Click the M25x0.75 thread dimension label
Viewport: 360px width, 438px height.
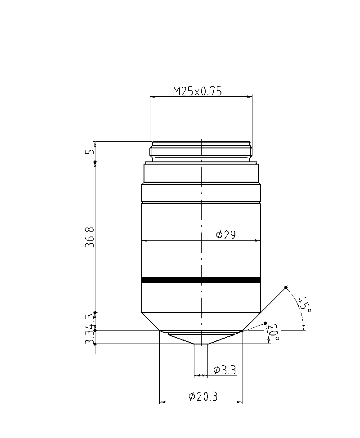198,91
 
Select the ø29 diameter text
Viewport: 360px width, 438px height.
226,235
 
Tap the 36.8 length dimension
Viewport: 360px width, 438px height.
90,238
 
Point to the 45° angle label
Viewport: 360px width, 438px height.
305,304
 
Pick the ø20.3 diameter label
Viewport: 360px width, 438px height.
203,397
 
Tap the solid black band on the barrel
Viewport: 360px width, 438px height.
201,280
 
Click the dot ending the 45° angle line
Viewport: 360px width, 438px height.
286,287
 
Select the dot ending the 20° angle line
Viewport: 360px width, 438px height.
265,323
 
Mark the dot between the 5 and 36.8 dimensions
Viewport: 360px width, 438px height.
95,162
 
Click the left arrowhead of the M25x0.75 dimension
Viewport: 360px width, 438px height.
152,96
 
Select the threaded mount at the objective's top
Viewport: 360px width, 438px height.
201,152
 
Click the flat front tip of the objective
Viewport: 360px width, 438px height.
201,344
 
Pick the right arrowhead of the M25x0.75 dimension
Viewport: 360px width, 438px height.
250,96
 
